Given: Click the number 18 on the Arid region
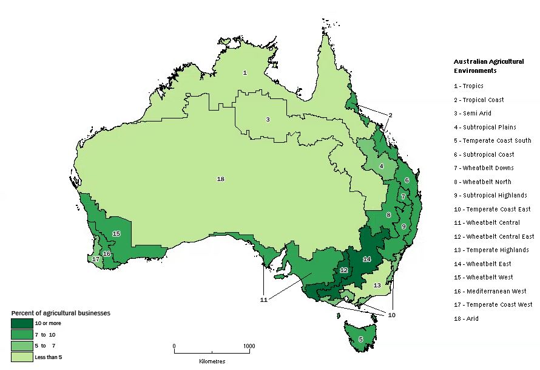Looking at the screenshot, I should [220, 179].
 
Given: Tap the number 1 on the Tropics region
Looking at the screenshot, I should [245, 72].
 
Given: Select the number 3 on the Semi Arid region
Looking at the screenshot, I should [268, 119].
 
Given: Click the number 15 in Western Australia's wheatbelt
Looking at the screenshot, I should [116, 233].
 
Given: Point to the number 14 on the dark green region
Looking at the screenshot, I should [366, 259].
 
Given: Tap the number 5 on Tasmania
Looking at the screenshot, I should [360, 339].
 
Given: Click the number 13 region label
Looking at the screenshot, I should [377, 285].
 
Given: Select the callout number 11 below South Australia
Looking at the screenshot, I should [263, 300].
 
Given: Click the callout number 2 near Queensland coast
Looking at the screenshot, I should [390, 115].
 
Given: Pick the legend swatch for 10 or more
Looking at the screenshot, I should [22, 323].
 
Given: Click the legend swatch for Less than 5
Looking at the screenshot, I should [22, 357].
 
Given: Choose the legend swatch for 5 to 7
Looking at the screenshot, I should [22, 346].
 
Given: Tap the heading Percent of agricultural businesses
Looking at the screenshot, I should [61, 313].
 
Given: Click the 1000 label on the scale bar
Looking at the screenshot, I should [249, 346].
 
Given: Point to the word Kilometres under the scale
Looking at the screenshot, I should [212, 361].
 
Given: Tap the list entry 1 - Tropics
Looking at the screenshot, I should [468, 86].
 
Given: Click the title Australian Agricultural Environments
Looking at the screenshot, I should [488, 66].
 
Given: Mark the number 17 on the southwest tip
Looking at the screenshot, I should [95, 259].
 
